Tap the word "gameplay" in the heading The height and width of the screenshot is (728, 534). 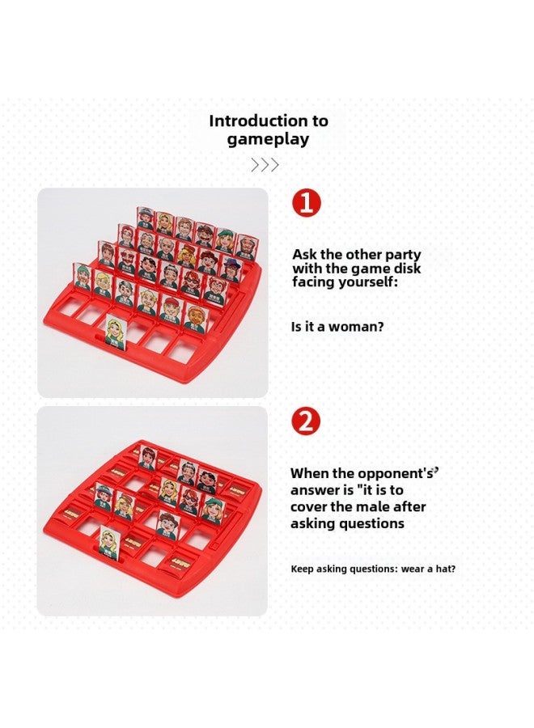pos(268,139)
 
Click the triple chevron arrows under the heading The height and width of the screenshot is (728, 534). pos(265,165)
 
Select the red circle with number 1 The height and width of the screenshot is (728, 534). pos(307,202)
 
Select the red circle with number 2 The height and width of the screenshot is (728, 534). pos(307,421)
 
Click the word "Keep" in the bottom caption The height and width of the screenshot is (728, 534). pos(303,569)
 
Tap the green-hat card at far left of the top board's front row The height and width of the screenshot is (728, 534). pos(83,275)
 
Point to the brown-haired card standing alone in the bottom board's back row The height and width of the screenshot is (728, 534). pos(146,458)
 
